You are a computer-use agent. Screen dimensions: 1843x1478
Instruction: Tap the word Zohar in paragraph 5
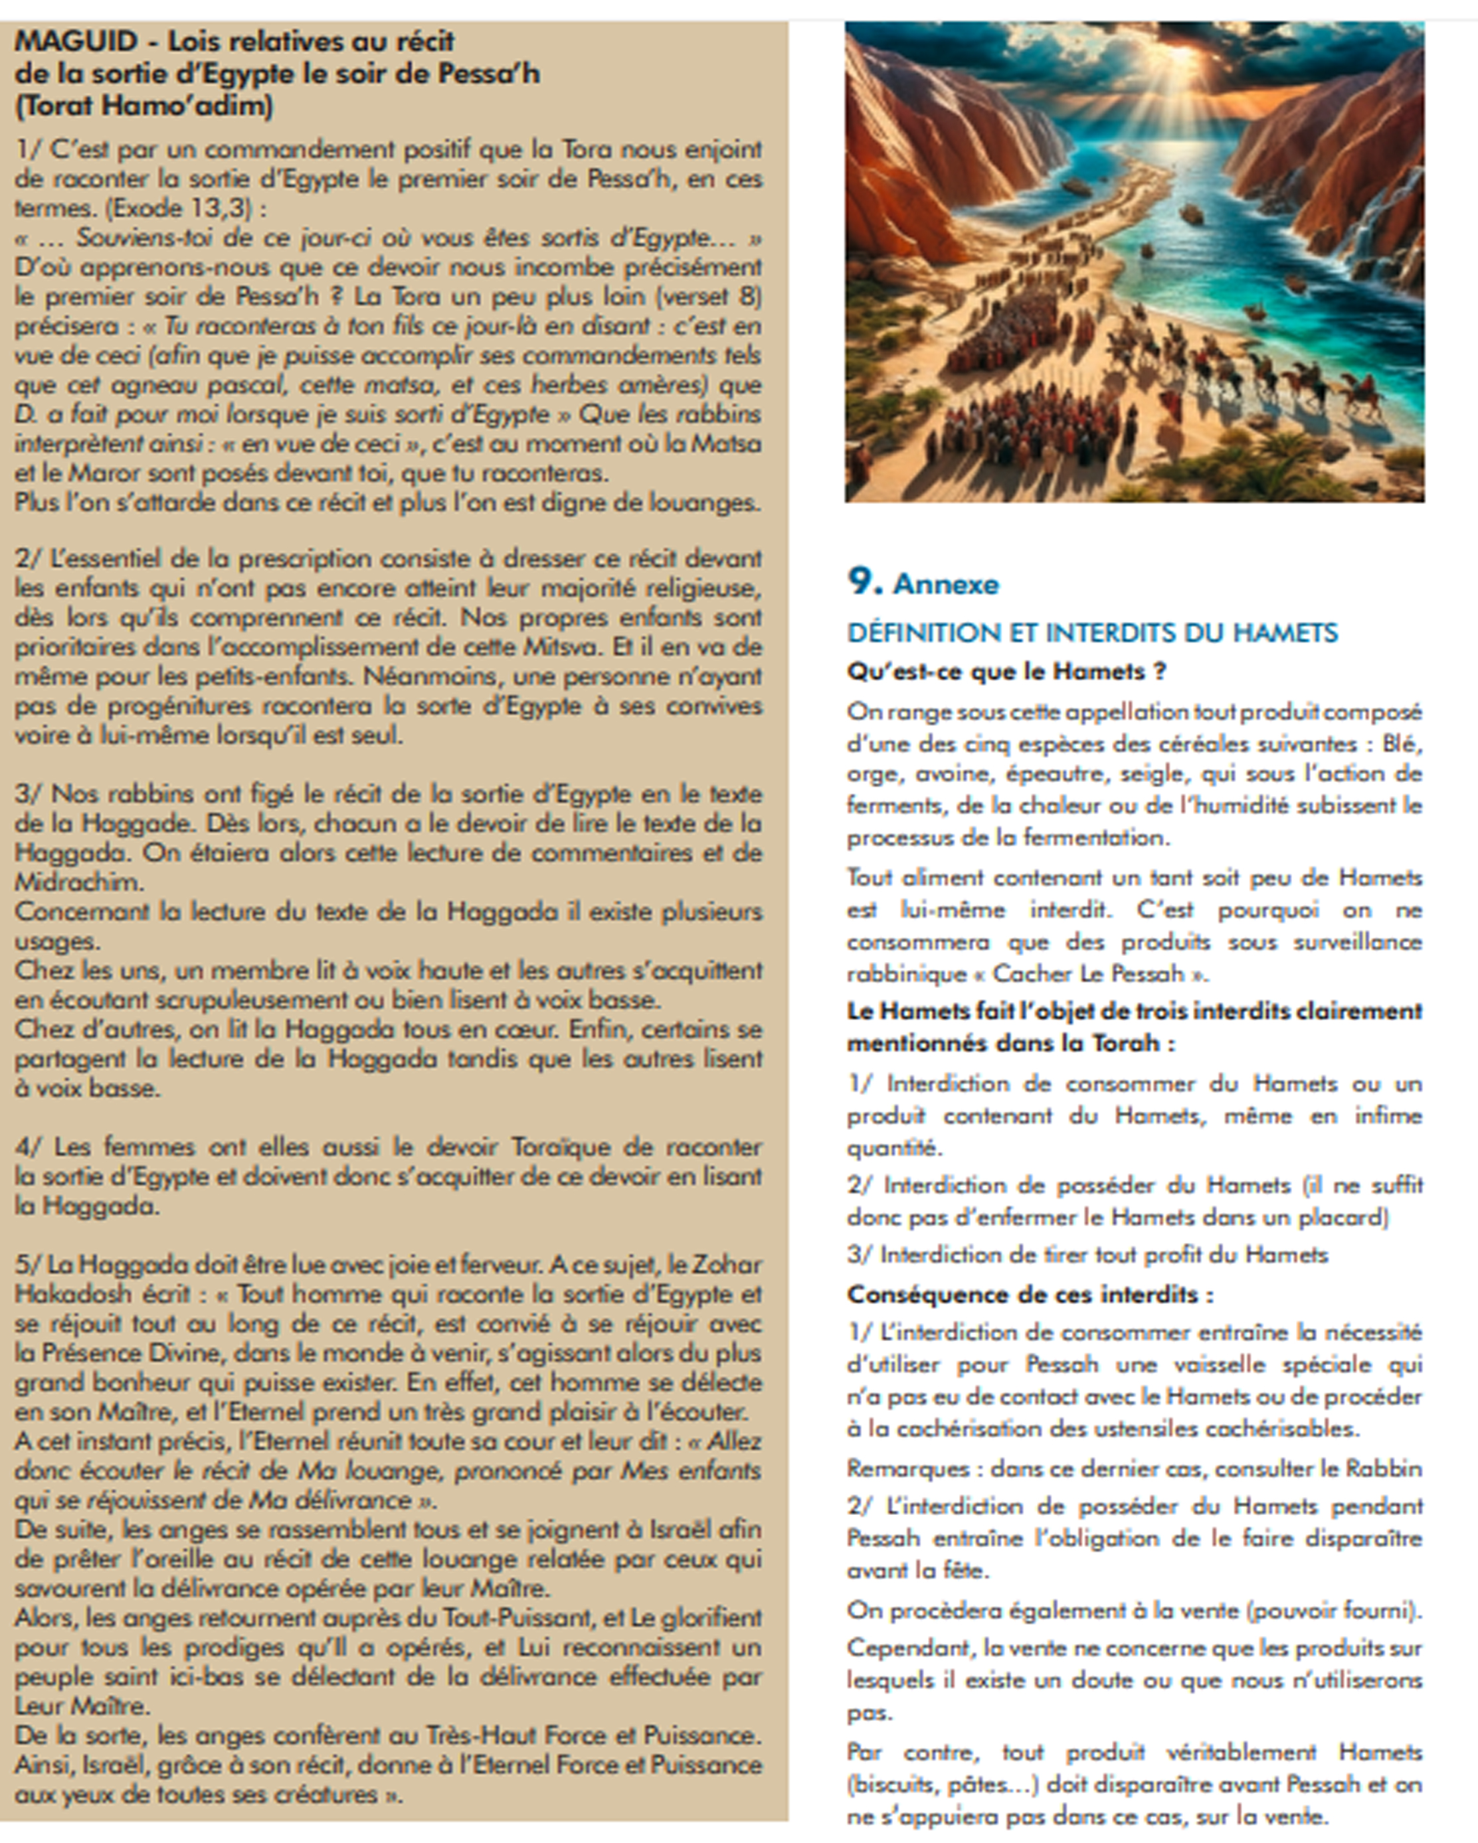tap(726, 1264)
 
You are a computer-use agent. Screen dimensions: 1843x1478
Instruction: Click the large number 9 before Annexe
tap(864, 582)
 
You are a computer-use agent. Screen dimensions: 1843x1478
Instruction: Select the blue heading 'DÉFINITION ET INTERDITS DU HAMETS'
tap(1091, 633)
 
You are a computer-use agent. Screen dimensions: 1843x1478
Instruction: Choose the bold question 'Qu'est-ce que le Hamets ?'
tap(1006, 672)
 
